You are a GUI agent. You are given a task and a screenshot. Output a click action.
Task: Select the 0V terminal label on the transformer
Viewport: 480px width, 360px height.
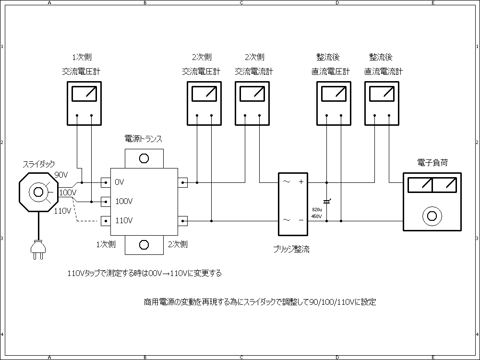120,182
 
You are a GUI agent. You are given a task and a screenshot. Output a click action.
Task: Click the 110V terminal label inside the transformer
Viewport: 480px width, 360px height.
124,221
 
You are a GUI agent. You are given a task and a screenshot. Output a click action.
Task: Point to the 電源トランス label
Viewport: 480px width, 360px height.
143,139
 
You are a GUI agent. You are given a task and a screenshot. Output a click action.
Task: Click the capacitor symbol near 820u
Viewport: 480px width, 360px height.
327,202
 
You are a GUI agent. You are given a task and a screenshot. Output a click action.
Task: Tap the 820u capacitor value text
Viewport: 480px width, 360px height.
317,210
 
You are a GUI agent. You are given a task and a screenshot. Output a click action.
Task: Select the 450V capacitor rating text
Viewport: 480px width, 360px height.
317,216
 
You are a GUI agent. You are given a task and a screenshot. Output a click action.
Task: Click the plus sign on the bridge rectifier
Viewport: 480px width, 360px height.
301,182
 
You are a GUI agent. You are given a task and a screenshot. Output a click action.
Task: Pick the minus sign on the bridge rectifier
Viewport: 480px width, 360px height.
301,220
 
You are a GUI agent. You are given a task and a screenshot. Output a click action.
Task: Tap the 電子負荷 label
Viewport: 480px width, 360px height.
433,163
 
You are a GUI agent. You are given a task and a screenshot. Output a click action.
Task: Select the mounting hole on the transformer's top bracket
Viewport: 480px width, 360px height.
144,158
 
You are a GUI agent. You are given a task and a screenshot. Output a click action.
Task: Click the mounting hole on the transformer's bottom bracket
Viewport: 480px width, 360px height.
144,245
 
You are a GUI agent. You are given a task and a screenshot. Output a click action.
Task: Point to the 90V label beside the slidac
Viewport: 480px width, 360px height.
61,174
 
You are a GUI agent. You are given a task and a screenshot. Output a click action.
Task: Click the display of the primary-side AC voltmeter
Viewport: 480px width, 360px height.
84,94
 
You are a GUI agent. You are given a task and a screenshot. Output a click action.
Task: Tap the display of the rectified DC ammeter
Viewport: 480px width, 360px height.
382,94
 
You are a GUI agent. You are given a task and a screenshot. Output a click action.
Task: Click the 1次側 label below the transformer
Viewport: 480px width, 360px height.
106,244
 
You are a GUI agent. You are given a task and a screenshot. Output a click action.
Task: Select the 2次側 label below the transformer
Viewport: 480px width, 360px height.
178,244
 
